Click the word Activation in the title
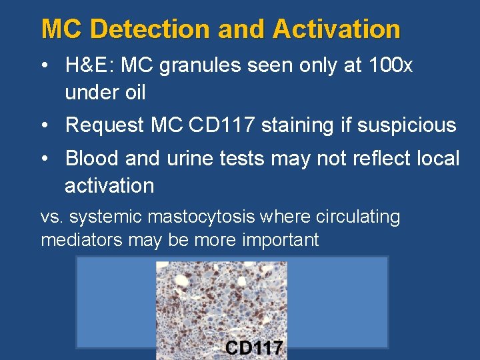[x=336, y=29]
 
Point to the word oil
[x=132, y=93]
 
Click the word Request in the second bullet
[x=105, y=125]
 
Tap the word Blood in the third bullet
[x=91, y=159]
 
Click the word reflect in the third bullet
[x=364, y=159]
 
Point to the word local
[x=436, y=159]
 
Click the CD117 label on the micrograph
[x=254, y=348]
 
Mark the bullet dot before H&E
[x=44, y=66]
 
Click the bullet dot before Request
[x=44, y=125]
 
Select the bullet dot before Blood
[x=44, y=159]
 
